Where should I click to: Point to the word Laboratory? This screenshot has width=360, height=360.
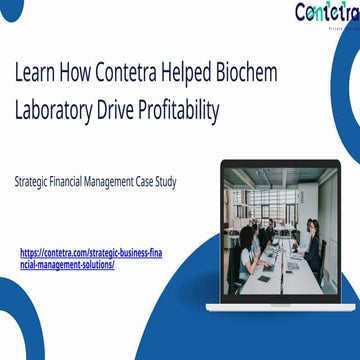tap(61, 110)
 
